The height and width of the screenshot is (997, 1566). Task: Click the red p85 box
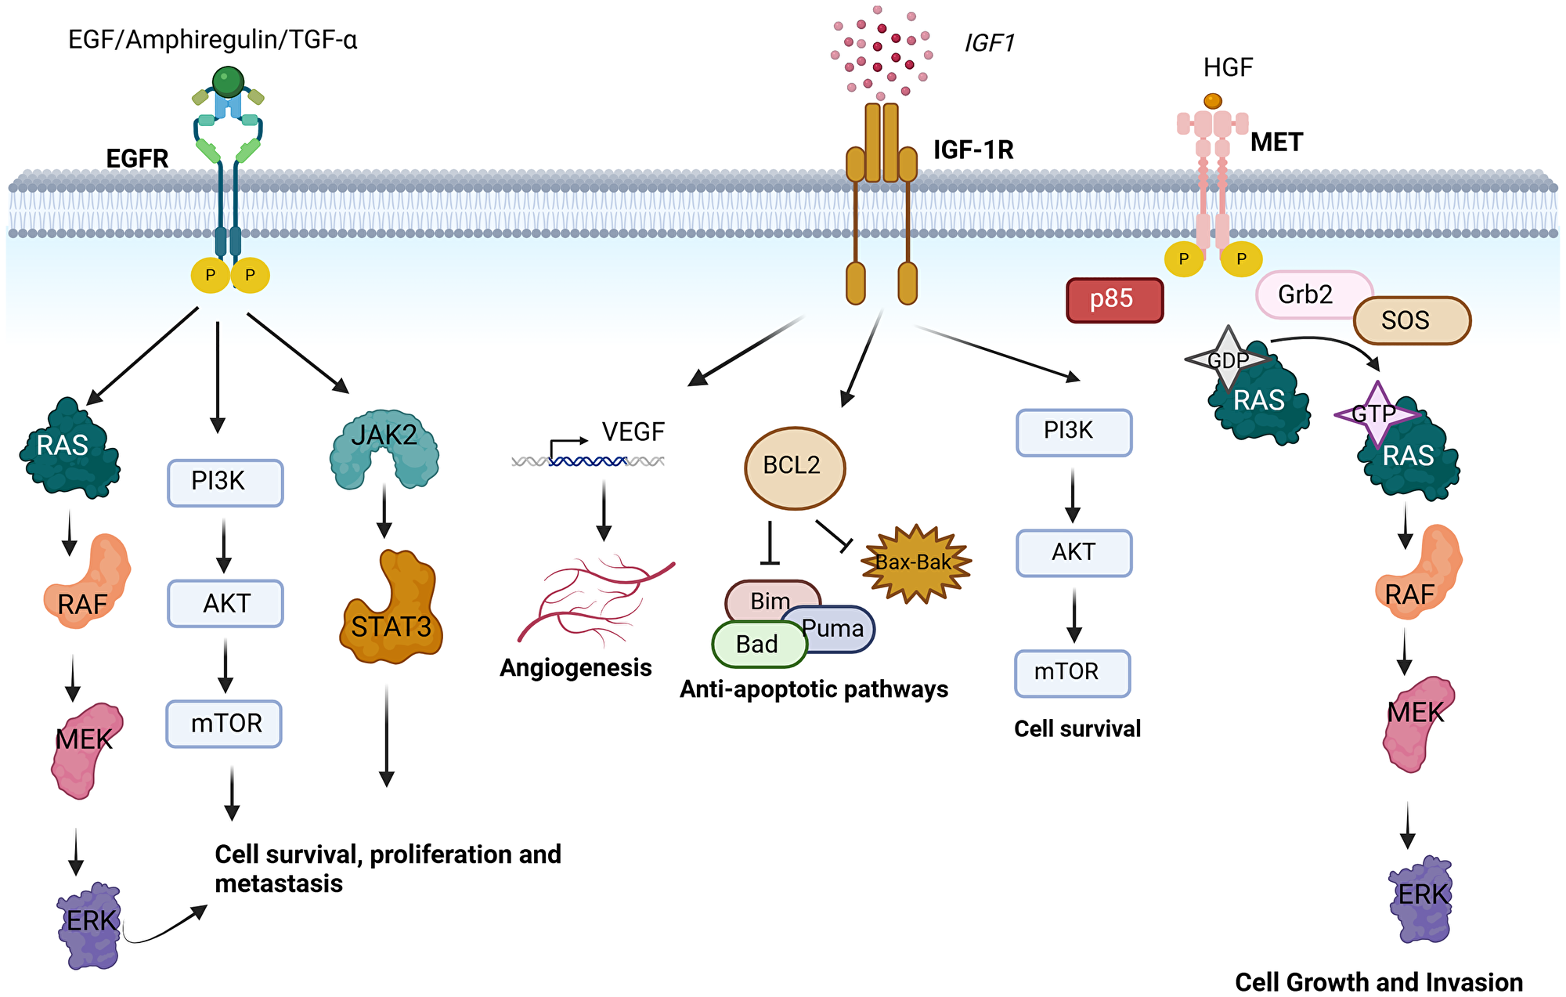[x=1114, y=300]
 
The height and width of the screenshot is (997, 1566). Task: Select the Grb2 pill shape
[x=1304, y=295]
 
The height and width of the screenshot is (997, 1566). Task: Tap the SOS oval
[x=1412, y=320]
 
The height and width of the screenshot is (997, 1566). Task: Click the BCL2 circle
[x=794, y=468]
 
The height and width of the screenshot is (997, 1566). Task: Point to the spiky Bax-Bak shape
[x=915, y=563]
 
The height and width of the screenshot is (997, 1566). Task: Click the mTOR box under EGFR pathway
[x=224, y=724]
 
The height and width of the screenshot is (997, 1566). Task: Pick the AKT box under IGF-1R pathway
[x=1073, y=553]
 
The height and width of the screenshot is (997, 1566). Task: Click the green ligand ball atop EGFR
[x=228, y=81]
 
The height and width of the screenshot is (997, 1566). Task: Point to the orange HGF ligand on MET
[x=1212, y=101]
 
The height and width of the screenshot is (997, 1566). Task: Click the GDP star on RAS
[x=1227, y=359]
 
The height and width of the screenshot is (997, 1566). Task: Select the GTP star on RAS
[x=1375, y=414]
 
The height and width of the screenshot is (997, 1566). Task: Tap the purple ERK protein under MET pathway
[x=1421, y=899]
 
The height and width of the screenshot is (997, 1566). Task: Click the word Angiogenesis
[x=576, y=667]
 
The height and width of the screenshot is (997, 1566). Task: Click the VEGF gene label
[x=633, y=432]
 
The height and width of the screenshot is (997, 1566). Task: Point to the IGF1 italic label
[x=989, y=43]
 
